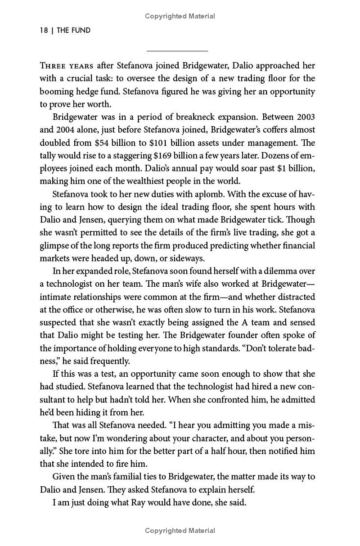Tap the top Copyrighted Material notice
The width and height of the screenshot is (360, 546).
pos(180,16)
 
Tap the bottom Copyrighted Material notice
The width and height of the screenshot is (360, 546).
pos(180,531)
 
